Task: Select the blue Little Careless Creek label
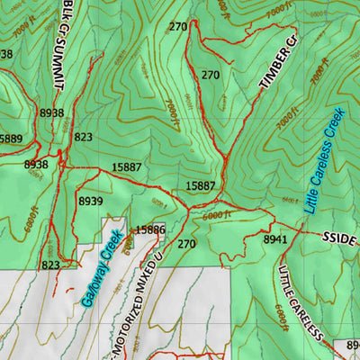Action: coord(324,161)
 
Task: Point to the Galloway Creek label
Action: coord(101,269)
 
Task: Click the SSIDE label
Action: coord(339,238)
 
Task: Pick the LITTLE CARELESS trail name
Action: coord(301,301)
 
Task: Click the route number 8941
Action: coord(275,240)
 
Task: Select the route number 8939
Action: coord(91,201)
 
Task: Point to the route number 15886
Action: coord(149,230)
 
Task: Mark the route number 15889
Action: coord(10,138)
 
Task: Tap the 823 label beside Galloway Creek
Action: coord(50,265)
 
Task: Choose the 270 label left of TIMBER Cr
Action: coord(211,75)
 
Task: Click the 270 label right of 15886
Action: coord(186,244)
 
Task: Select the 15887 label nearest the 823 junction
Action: coord(126,167)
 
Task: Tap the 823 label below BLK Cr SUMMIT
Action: coord(84,137)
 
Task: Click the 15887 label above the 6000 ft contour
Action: coord(201,185)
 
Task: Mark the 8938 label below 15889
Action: coord(36,165)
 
